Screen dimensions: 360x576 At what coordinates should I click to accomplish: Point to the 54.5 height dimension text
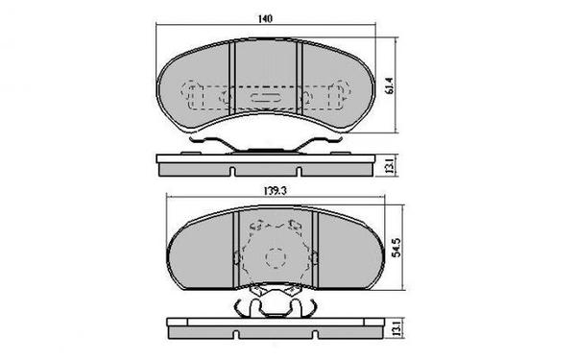pyautogui.click(x=395, y=252)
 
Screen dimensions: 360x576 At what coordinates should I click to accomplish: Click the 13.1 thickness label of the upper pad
pyautogui.click(x=388, y=165)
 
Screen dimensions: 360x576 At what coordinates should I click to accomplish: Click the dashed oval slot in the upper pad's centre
pyautogui.click(x=263, y=96)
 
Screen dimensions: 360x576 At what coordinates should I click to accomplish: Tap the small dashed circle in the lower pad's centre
pyautogui.click(x=276, y=257)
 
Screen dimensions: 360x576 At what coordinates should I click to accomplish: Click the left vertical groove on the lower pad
pyautogui.click(x=236, y=248)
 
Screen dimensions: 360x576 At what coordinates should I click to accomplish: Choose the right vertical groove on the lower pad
pyautogui.click(x=315, y=248)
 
